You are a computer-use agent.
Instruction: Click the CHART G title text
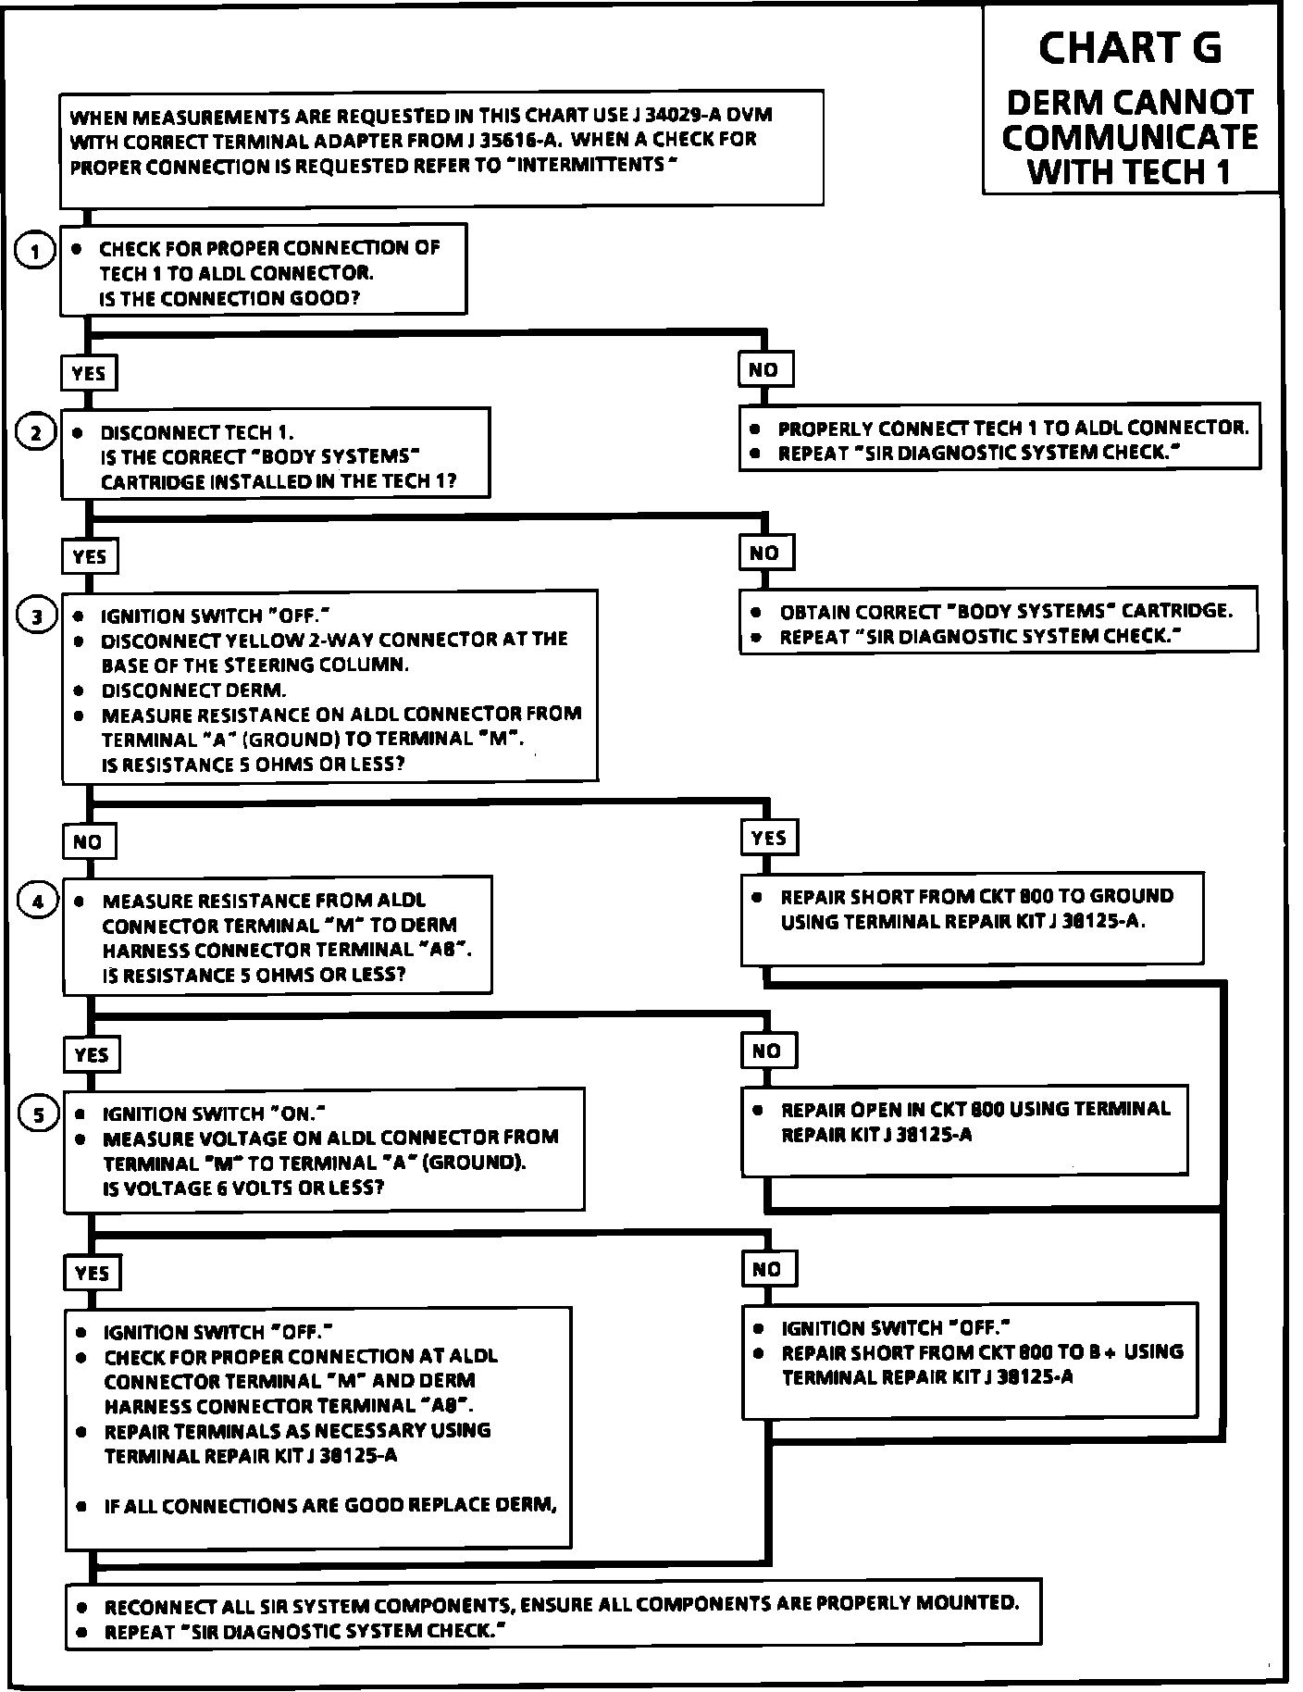(x=1129, y=48)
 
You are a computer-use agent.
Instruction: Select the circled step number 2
(x=36, y=433)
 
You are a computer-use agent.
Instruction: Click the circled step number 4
(x=38, y=901)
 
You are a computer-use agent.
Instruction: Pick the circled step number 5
(x=39, y=1115)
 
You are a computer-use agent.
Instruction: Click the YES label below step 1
(x=88, y=373)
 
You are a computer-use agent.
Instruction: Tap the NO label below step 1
(x=763, y=369)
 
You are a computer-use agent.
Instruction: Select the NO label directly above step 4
(x=88, y=841)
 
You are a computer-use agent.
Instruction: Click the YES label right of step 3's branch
(x=768, y=838)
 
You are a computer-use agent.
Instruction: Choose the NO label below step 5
(x=766, y=1269)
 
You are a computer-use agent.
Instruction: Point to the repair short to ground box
(x=972, y=917)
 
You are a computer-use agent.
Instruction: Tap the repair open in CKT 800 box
(x=964, y=1130)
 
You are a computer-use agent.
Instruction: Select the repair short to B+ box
(x=970, y=1361)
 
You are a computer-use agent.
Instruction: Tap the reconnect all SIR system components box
(x=553, y=1614)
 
